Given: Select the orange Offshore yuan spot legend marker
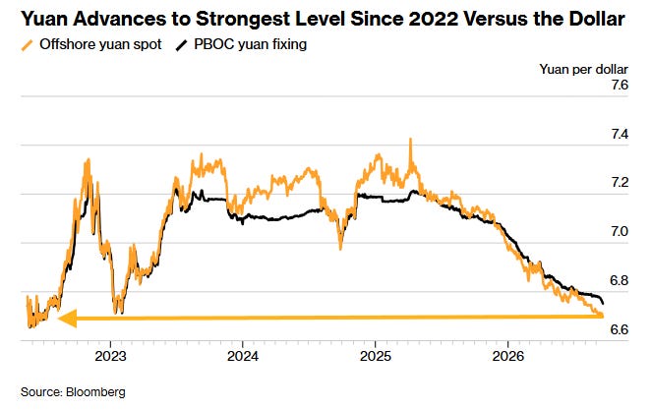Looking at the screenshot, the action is (27, 45).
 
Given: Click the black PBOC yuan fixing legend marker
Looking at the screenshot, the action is (181, 45).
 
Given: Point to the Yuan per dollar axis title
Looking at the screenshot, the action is (584, 69).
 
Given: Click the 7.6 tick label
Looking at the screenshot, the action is (620, 86).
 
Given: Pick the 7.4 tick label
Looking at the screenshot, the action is (620, 134).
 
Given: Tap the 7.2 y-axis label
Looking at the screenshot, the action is (620, 182).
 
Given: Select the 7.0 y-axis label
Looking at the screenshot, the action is (620, 231).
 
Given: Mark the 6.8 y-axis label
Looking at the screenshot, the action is (620, 280).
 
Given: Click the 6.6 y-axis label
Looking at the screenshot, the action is (620, 329).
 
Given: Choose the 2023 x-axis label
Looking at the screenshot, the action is (110, 356).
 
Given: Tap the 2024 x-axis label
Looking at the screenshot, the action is (243, 356).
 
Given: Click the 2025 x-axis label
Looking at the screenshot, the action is (376, 356).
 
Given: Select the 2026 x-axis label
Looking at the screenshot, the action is (507, 356).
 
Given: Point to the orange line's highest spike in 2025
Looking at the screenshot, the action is (410, 139).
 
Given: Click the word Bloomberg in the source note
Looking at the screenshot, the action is (95, 392).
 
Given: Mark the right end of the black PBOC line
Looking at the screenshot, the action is (603, 304).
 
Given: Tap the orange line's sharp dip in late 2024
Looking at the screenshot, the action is (340, 249).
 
